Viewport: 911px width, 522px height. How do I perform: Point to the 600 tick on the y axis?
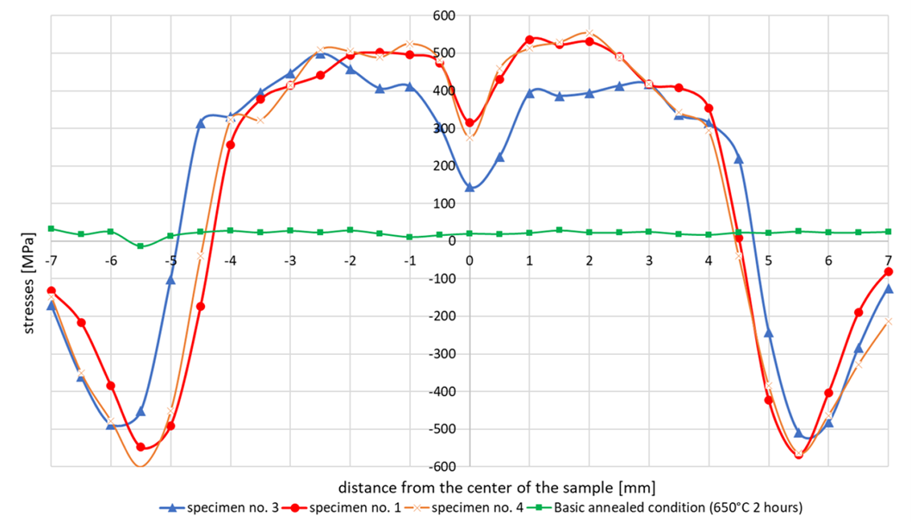click(x=444, y=16)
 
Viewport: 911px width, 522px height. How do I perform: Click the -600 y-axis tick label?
click(x=443, y=466)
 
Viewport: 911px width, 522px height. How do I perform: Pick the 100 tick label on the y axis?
click(x=444, y=203)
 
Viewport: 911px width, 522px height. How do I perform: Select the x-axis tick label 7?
click(x=889, y=259)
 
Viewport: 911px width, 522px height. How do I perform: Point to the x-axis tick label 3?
click(x=649, y=259)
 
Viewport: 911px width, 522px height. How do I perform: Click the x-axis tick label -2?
click(x=350, y=259)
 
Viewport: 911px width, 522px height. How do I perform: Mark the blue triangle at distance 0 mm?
click(x=469, y=187)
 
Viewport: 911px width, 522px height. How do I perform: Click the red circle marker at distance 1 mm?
click(x=530, y=40)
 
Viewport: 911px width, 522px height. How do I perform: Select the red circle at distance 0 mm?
click(x=469, y=122)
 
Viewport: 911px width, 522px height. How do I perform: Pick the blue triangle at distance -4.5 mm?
click(x=201, y=123)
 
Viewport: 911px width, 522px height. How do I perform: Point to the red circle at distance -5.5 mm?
click(x=141, y=447)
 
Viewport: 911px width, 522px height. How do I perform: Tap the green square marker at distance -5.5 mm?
click(x=141, y=246)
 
